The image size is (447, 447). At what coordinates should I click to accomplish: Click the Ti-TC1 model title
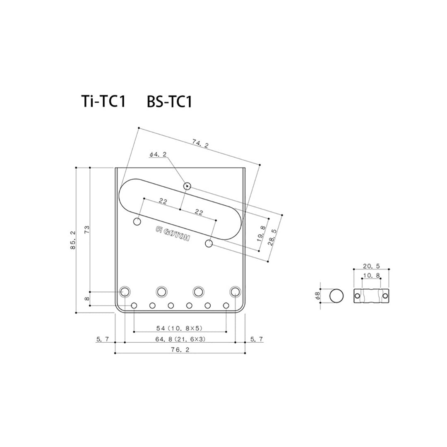103,101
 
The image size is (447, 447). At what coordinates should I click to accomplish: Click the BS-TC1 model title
169,101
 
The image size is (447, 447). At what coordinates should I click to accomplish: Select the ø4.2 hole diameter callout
158,154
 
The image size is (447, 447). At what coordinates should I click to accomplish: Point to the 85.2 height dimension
73,240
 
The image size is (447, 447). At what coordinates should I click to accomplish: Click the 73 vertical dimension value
87,229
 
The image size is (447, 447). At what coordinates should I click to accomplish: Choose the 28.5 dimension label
272,237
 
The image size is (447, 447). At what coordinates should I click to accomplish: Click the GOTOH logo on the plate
173,234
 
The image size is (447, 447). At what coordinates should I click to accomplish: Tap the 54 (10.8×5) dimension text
179,328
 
